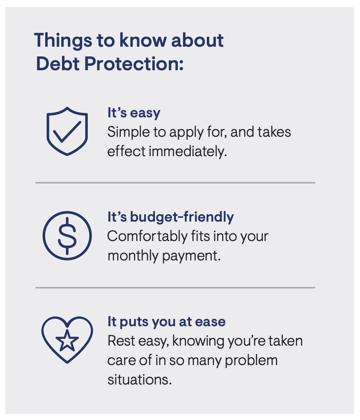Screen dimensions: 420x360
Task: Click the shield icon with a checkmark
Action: pos(67,131)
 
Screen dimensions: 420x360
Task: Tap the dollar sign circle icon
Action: pos(67,235)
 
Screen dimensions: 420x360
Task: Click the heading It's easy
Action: pos(134,113)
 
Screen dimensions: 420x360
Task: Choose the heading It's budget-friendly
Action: pos(170,217)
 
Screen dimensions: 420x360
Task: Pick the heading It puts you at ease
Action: pos(166,321)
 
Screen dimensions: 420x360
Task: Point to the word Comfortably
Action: pos(147,237)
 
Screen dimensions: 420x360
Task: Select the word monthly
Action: pos(133,256)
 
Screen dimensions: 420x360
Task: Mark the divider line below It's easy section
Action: pos(175,183)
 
